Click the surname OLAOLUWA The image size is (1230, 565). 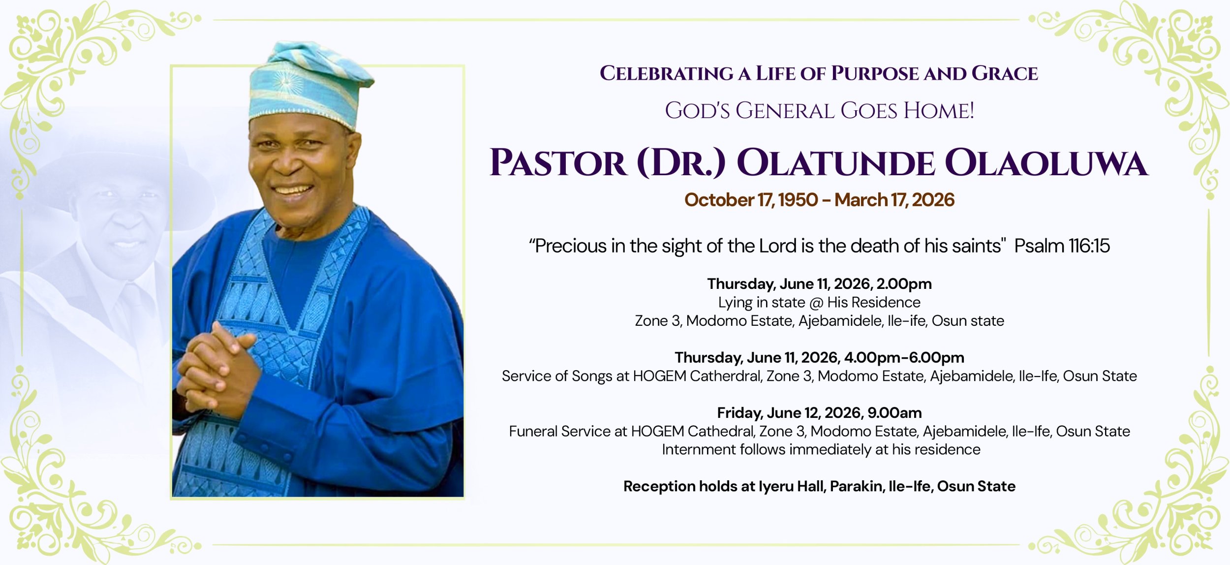[x=1046, y=163]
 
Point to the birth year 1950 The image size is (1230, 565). [x=798, y=200]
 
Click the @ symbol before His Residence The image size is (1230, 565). [x=816, y=303]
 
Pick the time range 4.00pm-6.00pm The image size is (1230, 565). [x=904, y=357]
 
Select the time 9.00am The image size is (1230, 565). [x=894, y=413]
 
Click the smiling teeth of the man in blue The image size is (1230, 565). [x=293, y=189]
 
